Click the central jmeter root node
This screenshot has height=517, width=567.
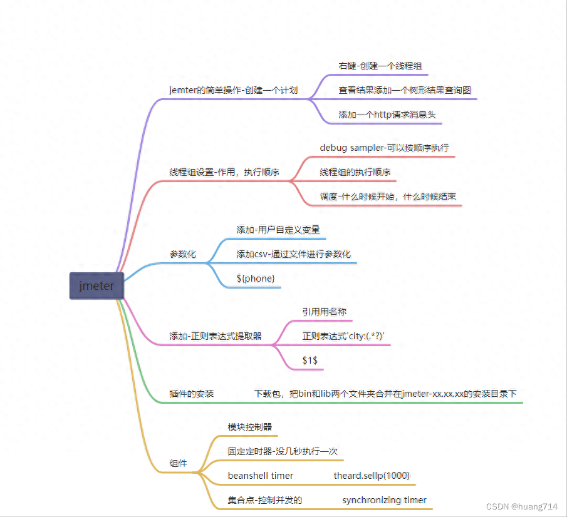96,286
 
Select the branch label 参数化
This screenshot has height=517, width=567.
182,255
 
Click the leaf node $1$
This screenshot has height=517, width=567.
310,361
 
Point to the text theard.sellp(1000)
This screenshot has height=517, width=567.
372,476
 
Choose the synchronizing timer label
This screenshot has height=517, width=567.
384,500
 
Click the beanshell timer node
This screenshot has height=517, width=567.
261,476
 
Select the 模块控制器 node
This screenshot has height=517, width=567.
250,427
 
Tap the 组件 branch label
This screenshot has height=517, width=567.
178,464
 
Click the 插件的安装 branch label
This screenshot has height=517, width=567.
192,394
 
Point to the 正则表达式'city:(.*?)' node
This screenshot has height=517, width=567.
343,336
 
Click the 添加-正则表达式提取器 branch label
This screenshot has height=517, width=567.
215,336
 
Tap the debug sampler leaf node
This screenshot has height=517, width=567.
384,148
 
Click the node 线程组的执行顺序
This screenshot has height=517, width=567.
355,172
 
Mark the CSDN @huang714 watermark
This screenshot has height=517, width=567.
521,506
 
